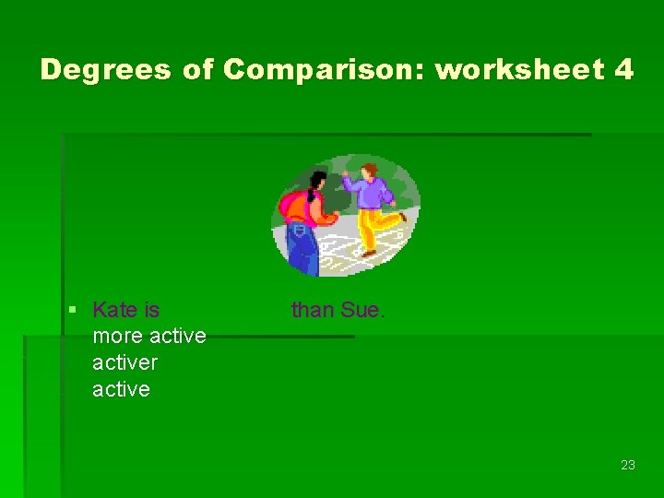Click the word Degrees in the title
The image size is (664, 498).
(106, 70)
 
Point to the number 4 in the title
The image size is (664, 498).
(622, 70)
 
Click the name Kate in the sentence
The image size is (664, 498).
(113, 310)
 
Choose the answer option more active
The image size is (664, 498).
(148, 336)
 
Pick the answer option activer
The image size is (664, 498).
(125, 362)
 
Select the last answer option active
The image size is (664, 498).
(121, 389)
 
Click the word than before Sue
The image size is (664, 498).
(312, 310)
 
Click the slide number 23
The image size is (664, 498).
(627, 465)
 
